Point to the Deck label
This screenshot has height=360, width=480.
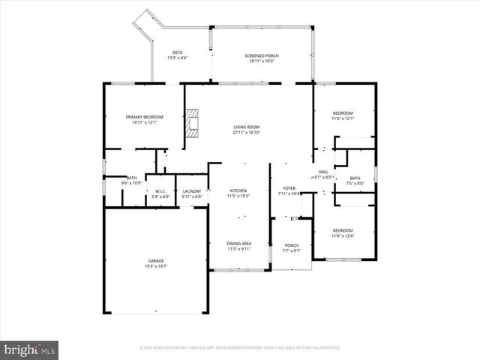coord(177,52)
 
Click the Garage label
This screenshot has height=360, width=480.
coord(155,260)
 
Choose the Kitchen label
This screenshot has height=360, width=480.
coord(237,190)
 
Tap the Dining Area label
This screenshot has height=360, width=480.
coord(238,244)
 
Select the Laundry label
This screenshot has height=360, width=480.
coord(192,191)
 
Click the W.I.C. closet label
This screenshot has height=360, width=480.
coord(161,191)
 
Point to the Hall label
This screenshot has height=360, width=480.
coord(323,172)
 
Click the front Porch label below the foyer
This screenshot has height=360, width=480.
coord(291,245)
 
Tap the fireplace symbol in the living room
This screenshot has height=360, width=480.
coord(194,123)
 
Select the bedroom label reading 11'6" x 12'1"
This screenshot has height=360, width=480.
coord(343,115)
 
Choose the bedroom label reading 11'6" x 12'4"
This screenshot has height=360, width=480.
coord(343,233)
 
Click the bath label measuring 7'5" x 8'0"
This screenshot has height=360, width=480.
coord(355,180)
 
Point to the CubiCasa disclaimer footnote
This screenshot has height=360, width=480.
coord(239,348)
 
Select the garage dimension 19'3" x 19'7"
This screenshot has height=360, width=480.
coord(155,265)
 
